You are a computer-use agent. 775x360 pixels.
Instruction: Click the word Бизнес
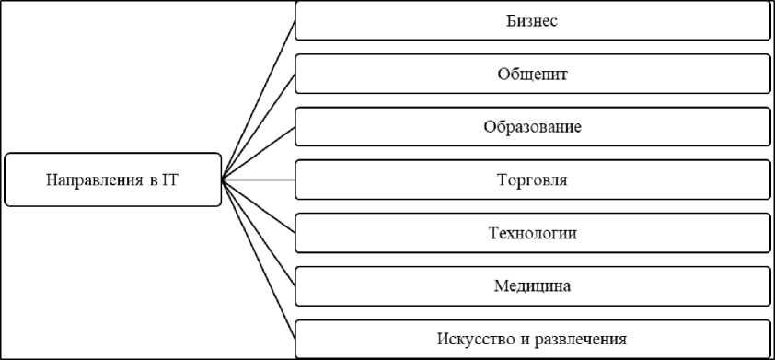pos(532,21)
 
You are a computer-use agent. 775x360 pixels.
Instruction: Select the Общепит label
pos(532,75)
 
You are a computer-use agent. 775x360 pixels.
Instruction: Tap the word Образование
pos(532,127)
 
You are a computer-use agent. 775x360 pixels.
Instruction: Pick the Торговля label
pos(532,180)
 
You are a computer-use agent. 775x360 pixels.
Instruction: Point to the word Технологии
pos(532,233)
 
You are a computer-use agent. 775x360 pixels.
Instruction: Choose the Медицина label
pos(532,286)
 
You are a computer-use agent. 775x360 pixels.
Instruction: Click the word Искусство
pos(474,340)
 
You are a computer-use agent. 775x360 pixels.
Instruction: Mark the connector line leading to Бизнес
pos(258,100)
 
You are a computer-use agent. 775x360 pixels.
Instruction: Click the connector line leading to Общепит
pos(258,127)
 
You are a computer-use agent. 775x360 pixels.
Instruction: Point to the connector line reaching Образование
pos(258,153)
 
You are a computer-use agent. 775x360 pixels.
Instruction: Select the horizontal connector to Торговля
pos(258,180)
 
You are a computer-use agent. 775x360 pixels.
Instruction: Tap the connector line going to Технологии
pos(258,206)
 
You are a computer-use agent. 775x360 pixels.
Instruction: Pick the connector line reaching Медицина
pos(258,233)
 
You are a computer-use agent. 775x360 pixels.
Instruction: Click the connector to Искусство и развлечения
pos(258,259)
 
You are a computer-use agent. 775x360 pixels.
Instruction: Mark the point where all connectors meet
pos(222,180)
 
